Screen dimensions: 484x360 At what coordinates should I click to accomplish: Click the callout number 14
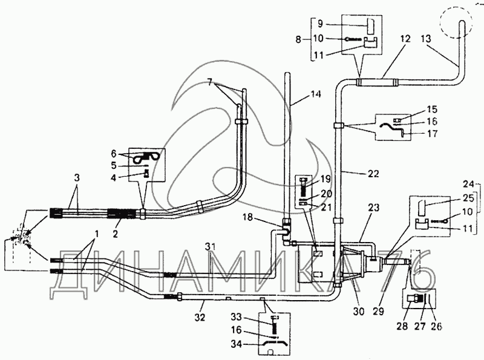315,94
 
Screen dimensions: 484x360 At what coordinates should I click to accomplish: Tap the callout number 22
373,174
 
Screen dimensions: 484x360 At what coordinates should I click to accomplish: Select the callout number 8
298,39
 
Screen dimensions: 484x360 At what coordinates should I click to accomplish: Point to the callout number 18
247,217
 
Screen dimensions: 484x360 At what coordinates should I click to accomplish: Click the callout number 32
200,317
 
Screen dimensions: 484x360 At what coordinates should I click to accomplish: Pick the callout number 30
359,312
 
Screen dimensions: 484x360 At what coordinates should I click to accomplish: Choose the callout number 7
209,82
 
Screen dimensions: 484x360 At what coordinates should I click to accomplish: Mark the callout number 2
115,234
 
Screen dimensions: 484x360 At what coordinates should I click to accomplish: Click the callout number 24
468,185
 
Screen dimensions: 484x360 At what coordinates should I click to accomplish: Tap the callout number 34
237,344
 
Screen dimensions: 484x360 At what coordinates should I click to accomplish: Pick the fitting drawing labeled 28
413,299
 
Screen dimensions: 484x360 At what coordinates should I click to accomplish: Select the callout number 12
405,39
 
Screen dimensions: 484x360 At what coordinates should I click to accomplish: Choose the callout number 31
209,246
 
